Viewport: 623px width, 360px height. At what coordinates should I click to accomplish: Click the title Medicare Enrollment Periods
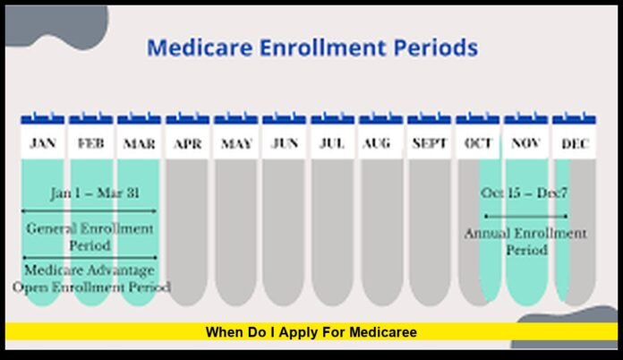(311, 47)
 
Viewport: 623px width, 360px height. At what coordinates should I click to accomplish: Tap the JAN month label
(42, 143)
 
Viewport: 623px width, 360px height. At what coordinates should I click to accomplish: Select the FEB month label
(90, 143)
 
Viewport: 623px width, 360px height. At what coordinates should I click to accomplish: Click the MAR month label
(139, 143)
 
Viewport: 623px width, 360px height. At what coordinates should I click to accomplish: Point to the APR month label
(187, 143)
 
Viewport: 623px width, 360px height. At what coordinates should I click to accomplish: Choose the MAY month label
(236, 143)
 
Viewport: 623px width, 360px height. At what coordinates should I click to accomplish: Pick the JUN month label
(285, 143)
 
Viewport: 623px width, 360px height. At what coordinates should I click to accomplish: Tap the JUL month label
(332, 143)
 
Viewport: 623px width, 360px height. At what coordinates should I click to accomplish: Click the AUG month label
(380, 143)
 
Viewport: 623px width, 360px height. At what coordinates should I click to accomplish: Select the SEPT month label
(429, 143)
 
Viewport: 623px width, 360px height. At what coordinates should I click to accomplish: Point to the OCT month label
(478, 143)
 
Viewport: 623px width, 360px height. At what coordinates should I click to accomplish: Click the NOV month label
(525, 143)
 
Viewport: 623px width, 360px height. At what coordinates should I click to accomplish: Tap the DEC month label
(574, 143)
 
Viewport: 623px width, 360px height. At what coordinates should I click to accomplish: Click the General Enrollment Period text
(90, 236)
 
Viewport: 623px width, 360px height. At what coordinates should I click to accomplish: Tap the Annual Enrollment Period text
(525, 242)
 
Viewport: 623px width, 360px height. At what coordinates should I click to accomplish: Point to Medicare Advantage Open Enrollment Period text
(90, 279)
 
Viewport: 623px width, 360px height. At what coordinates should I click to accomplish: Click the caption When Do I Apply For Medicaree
(311, 332)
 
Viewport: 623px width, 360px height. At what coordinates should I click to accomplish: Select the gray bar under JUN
(285, 233)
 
